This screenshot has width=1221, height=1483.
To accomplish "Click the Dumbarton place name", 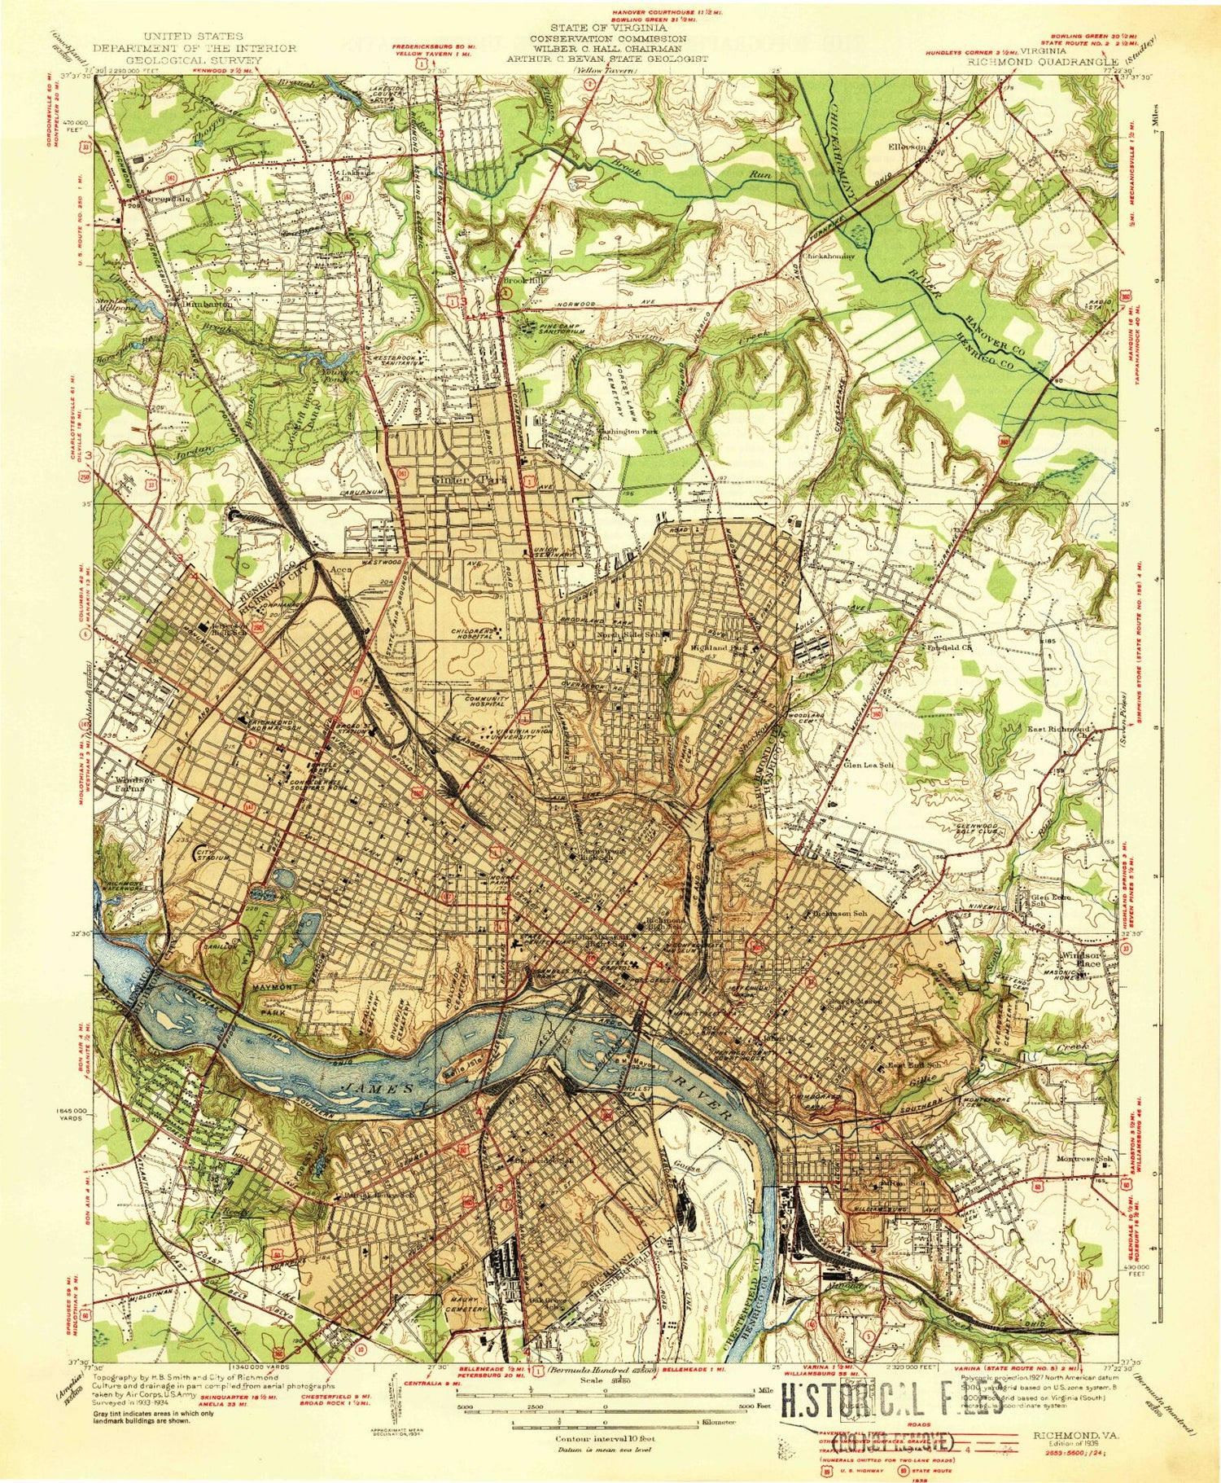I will click(207, 304).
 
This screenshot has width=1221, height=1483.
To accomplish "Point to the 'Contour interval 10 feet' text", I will click(605, 1438).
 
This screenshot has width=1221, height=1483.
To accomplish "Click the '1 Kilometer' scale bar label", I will click(718, 1422).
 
